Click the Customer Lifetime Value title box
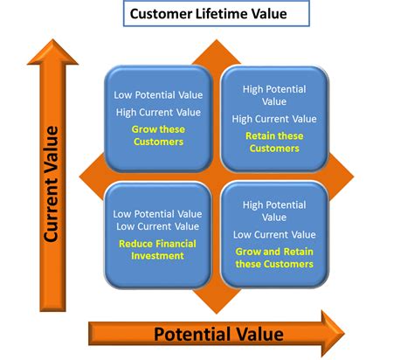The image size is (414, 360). [207, 14]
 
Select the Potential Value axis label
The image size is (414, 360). [218, 333]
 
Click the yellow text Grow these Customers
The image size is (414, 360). [157, 135]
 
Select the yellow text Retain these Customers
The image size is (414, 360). [273, 142]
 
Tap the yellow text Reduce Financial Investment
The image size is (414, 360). [157, 249]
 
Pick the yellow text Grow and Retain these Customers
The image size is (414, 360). [273, 258]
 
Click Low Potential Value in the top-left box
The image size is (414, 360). [157, 95]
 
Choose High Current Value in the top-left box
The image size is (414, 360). [157, 112]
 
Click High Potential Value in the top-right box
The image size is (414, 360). [273, 94]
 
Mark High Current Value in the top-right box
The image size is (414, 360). [273, 119]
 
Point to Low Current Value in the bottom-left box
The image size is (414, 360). [157, 226]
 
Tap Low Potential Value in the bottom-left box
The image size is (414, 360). [157, 212]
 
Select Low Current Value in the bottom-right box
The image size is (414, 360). [273, 234]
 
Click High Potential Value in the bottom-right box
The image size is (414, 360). [273, 211]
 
